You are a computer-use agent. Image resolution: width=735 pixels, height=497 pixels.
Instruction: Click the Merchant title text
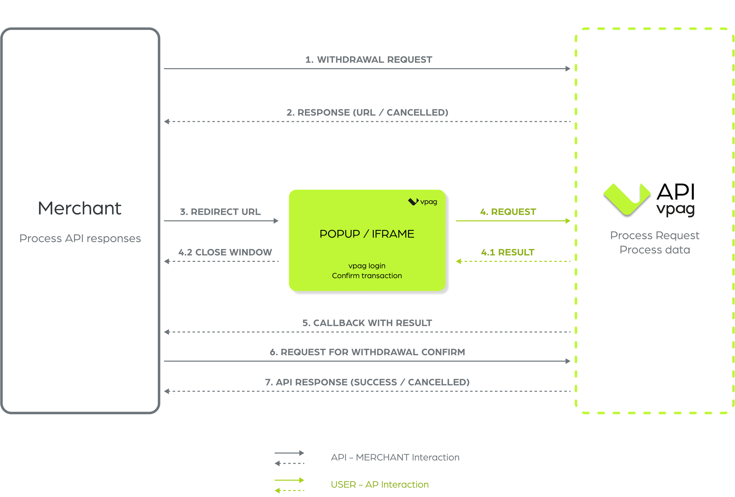(x=80, y=208)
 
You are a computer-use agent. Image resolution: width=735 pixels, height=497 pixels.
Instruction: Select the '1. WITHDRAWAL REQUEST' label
(x=368, y=60)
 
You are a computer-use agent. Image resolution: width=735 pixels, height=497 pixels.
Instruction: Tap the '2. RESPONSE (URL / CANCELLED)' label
(x=367, y=113)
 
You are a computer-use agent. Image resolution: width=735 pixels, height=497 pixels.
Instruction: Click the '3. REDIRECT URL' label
(x=220, y=212)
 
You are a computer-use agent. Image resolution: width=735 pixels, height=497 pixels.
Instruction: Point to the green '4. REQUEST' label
(x=508, y=212)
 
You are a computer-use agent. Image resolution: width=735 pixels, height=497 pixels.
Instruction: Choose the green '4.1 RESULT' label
(x=508, y=252)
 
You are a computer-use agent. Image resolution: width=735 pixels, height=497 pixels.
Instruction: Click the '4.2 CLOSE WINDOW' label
(x=225, y=252)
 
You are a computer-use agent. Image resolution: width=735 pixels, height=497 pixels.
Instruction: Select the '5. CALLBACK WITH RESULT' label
(x=367, y=323)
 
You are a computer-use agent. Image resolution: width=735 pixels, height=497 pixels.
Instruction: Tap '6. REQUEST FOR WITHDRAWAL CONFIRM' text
(x=367, y=352)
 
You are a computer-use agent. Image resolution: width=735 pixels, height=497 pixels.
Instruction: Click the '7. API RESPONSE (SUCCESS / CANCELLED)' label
(x=367, y=382)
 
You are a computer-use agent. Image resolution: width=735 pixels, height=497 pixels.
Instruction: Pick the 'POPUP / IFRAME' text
(x=367, y=234)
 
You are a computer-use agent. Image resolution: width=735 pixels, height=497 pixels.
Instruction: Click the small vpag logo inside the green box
(x=422, y=202)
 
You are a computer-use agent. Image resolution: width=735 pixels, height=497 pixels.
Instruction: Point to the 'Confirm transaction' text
(x=367, y=276)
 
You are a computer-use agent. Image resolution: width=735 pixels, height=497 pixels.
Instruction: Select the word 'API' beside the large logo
(x=676, y=192)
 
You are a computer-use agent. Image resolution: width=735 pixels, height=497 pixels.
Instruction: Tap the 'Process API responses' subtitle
(x=80, y=238)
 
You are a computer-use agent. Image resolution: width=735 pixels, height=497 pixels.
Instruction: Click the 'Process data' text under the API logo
(x=655, y=250)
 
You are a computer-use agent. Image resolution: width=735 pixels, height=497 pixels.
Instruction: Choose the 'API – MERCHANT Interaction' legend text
(x=395, y=457)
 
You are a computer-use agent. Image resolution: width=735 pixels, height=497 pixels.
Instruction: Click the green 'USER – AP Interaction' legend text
(x=380, y=484)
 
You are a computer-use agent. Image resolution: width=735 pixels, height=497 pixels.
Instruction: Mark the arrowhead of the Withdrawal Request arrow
(x=568, y=69)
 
